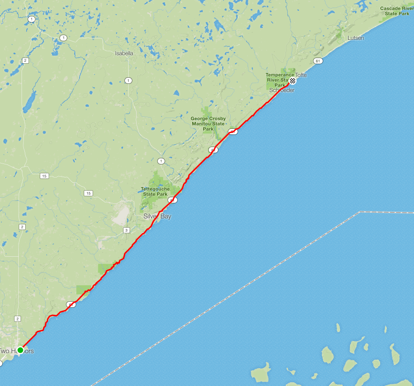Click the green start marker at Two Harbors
point(21,350)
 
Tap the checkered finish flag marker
point(292,81)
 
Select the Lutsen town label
point(356,38)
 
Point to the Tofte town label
point(301,75)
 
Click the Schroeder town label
point(282,90)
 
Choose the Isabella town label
point(124,53)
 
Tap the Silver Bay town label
point(157,216)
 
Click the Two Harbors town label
point(17,351)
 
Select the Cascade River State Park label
point(397,11)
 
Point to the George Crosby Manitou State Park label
point(208,124)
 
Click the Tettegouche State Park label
point(155,192)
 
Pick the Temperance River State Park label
point(280,80)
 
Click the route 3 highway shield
point(126,230)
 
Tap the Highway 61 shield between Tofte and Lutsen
point(318,61)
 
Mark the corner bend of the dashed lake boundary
point(359,212)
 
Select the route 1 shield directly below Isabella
point(128,81)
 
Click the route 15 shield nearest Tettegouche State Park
point(88,193)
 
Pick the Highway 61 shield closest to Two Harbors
point(71,304)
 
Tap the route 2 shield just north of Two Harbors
point(18,319)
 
